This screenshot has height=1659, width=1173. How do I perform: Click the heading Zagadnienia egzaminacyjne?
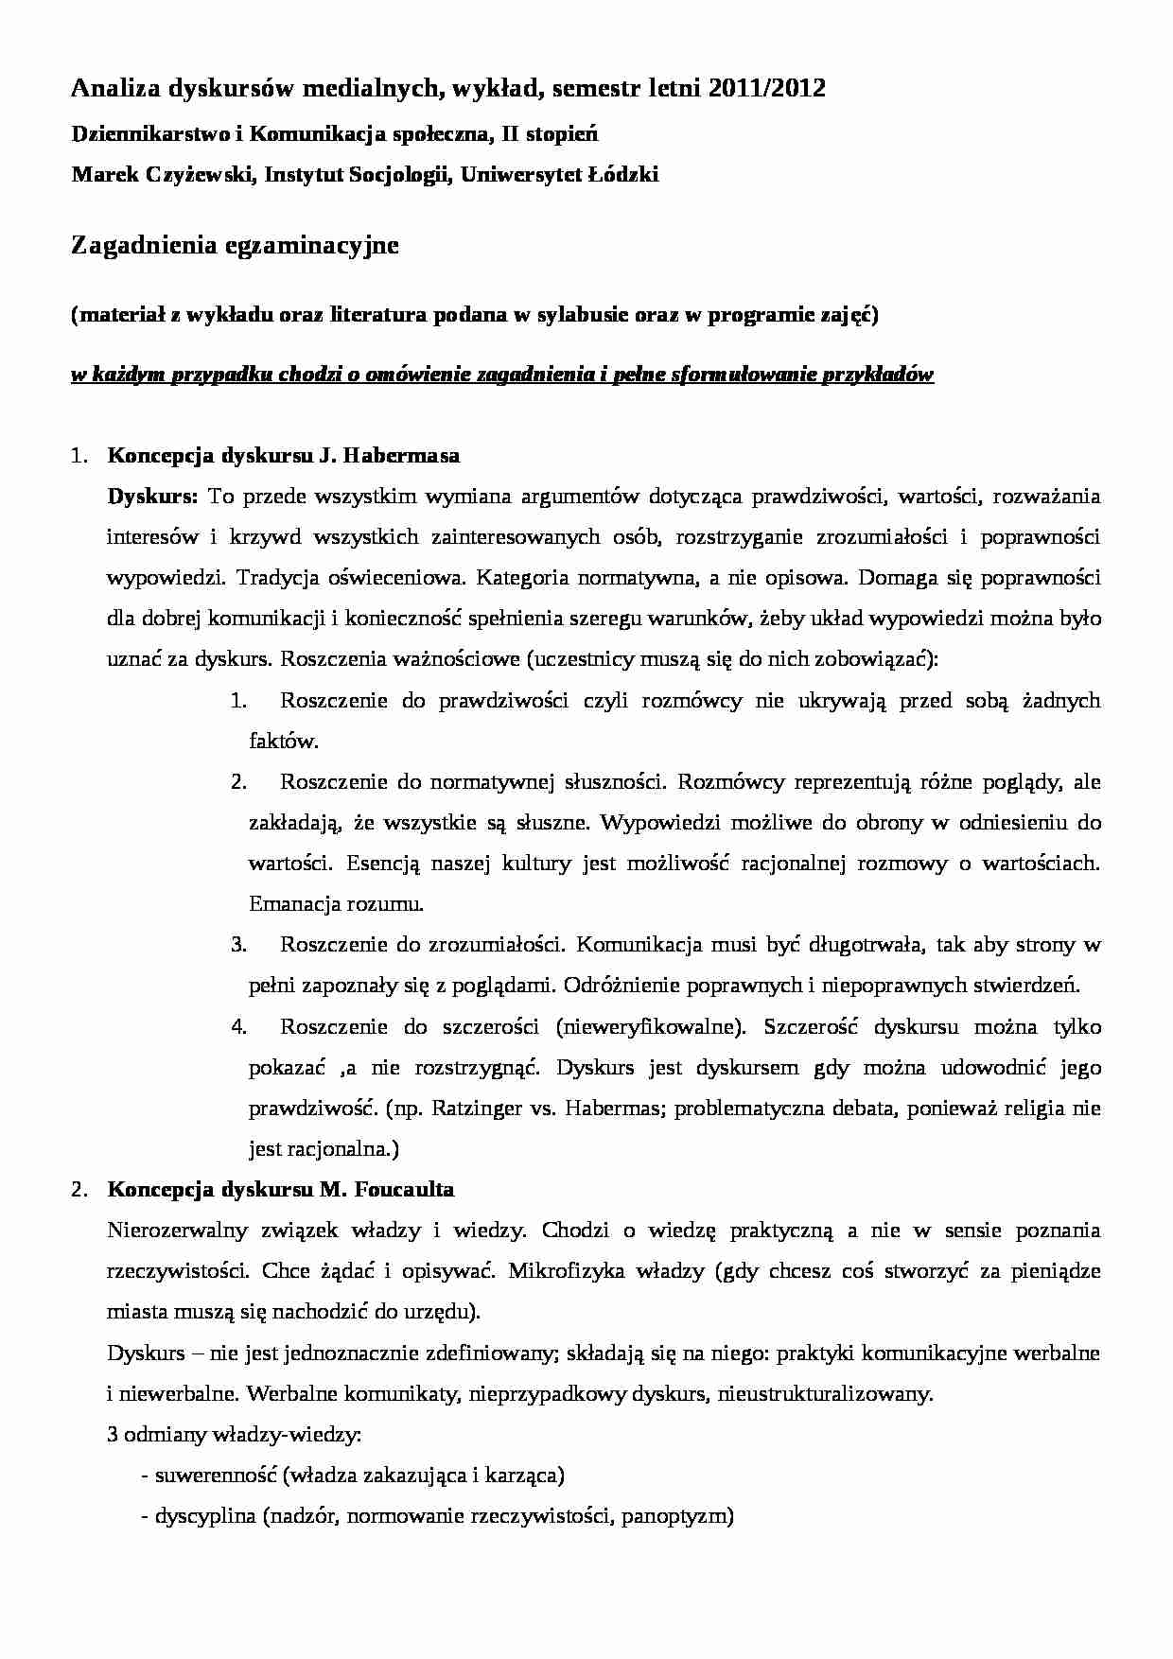point(236,246)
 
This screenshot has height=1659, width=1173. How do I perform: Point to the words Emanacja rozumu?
point(336,903)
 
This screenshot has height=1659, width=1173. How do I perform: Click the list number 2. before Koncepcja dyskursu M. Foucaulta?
point(79,1190)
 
